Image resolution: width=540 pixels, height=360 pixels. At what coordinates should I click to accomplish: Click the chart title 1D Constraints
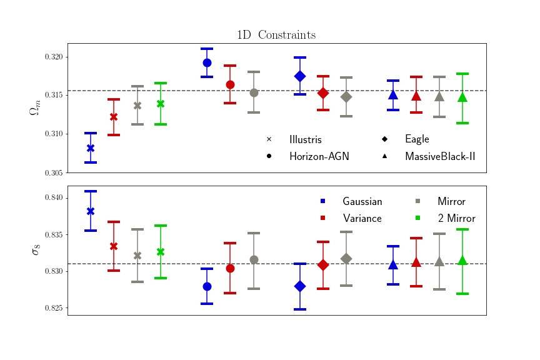276,35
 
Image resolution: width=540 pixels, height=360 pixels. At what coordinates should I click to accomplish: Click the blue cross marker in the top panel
91,148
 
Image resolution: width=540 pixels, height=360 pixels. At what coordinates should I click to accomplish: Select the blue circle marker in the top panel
207,62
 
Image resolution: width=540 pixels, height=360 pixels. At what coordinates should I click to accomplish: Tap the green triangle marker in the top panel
462,97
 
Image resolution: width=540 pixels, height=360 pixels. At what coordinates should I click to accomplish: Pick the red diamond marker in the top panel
323,93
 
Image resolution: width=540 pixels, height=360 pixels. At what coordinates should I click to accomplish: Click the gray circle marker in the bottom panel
254,259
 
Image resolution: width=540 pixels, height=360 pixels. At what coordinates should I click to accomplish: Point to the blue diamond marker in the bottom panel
300,286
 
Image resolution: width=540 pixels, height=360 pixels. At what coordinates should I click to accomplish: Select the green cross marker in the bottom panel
161,252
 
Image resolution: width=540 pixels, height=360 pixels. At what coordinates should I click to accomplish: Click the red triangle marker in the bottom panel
416,262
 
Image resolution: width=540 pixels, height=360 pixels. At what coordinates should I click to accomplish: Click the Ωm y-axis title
34,108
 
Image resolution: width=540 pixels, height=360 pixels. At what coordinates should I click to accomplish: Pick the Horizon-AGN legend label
319,156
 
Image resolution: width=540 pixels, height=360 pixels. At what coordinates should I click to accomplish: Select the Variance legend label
362,218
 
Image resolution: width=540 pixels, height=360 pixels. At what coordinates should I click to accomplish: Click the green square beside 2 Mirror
417,218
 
